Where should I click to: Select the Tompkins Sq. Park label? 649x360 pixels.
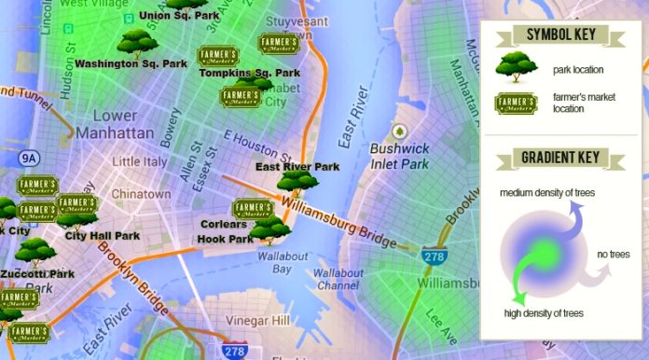(x=249, y=73)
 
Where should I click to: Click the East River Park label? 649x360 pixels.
(x=297, y=167)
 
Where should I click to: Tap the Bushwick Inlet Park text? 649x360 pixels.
(x=399, y=156)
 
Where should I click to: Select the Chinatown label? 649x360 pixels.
(x=141, y=194)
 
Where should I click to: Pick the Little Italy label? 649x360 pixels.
(x=139, y=161)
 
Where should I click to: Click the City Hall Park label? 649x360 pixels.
(x=103, y=236)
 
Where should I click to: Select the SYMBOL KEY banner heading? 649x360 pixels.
(x=560, y=35)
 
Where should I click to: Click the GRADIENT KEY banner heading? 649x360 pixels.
(x=560, y=158)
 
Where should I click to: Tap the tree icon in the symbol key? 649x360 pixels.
(x=515, y=68)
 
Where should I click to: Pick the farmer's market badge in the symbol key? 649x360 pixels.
(x=516, y=104)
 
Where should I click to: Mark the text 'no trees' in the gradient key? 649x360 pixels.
(x=614, y=255)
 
